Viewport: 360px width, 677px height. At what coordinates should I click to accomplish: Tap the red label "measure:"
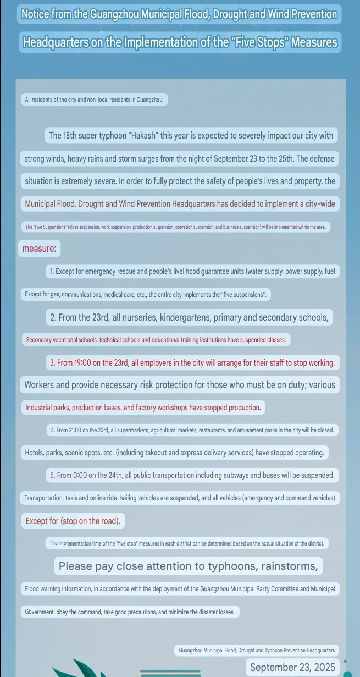pyautogui.click(x=39, y=249)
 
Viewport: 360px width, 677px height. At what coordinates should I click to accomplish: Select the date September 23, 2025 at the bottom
pyautogui.click(x=292, y=667)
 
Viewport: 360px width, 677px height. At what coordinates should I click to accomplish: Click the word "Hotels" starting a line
pyautogui.click(x=36, y=453)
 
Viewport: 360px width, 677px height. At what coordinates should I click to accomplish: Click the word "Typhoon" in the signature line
pyautogui.click(x=273, y=650)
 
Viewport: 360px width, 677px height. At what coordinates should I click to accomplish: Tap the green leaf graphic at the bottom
pyautogui.click(x=77, y=668)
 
